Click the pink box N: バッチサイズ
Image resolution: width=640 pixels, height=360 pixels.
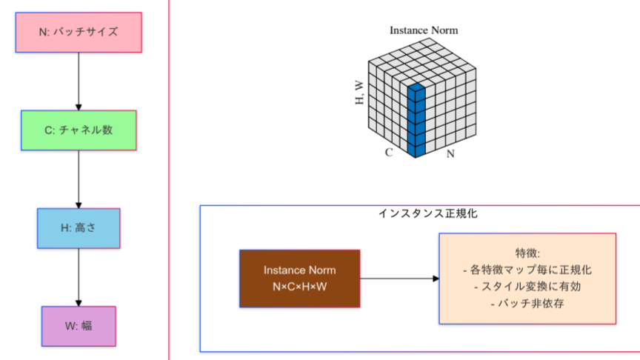pos(78,32)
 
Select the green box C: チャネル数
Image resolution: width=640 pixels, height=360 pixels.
pos(79,130)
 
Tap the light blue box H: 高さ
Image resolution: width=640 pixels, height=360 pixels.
pos(79,228)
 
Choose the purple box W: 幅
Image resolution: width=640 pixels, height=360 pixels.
pos(79,325)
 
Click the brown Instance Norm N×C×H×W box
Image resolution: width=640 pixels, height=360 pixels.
pos(299,279)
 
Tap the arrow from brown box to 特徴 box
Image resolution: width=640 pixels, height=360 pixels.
pos(399,279)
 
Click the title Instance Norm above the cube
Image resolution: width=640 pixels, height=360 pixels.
pos(424,30)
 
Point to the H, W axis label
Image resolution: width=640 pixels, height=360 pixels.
pos(361,90)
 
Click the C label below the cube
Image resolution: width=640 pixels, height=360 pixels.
pos(388,153)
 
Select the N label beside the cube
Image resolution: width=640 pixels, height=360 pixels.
pos(450,155)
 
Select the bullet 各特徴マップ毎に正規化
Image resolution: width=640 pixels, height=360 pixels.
pos(527,270)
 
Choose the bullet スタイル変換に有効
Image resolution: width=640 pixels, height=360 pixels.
pos(527,287)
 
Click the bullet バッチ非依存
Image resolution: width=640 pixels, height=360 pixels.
pos(527,304)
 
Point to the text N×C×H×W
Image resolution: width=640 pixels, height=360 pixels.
pos(299,287)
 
